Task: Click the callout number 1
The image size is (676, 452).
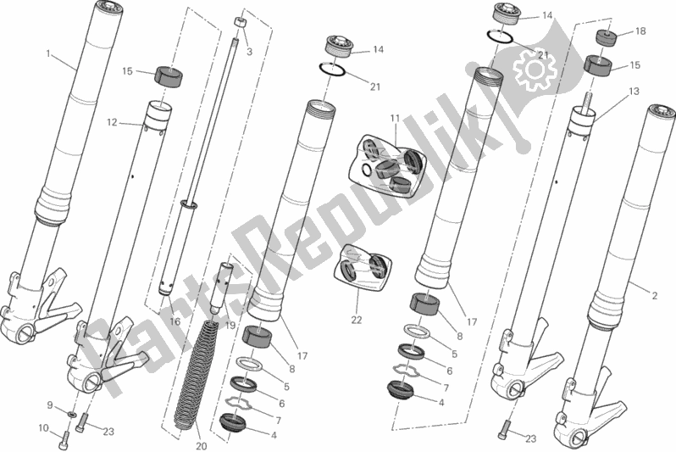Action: tap(48, 54)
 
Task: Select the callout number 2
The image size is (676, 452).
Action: tap(655, 296)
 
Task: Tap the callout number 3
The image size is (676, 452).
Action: tap(249, 53)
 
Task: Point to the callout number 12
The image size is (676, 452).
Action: tap(112, 123)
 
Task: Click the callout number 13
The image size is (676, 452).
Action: tap(634, 92)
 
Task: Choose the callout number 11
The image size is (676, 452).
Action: tap(396, 118)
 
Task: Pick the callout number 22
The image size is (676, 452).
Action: tap(357, 320)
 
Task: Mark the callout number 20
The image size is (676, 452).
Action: tap(202, 446)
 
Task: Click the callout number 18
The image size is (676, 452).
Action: tap(640, 31)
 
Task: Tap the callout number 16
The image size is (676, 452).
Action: tap(175, 321)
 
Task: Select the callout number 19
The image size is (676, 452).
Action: tap(230, 325)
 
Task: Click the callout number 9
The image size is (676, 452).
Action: tap(50, 405)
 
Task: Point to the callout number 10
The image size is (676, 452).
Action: tap(43, 427)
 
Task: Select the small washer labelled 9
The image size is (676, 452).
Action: tap(73, 415)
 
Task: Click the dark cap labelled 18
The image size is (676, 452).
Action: tap(607, 37)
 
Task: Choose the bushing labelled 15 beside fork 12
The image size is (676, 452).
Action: tap(169, 77)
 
